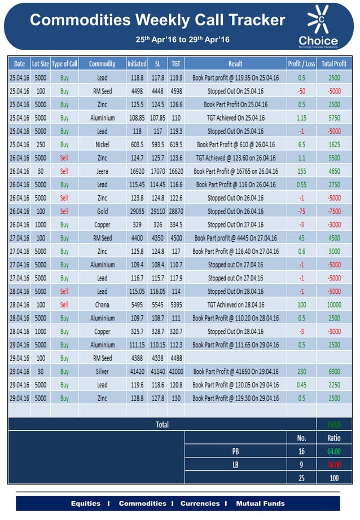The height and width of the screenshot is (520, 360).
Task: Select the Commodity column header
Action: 102,64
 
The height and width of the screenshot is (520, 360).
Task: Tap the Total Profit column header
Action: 334,64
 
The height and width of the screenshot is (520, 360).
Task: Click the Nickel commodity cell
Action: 102,144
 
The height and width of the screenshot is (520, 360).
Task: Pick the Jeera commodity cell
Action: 102,171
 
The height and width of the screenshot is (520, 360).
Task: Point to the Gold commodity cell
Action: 102,211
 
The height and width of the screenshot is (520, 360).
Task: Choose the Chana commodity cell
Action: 102,305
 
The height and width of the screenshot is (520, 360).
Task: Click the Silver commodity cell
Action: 102,371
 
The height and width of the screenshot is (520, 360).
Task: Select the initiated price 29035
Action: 137,211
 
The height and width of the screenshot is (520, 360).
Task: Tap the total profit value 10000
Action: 334,305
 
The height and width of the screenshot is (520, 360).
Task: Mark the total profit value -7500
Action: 334,211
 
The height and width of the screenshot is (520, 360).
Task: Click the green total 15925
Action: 334,424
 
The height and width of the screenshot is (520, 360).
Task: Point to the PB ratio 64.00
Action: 334,451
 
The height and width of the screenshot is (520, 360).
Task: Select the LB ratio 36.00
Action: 334,465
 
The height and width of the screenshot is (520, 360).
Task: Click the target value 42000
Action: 175,371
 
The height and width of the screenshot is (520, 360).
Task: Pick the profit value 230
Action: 301,371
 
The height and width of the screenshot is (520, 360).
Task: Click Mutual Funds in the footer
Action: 260,503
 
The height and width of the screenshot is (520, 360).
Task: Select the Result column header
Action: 235,64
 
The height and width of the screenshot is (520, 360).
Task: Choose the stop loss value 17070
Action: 157,171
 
